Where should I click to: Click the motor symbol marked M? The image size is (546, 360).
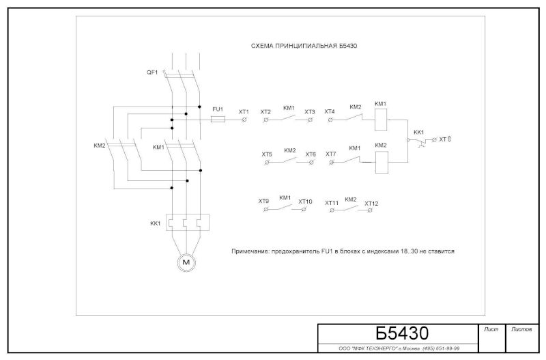[x=185, y=262]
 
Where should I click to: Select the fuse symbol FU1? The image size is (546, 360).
[x=218, y=119]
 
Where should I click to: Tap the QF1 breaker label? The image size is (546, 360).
[x=152, y=72]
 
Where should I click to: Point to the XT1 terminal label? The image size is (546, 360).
[x=244, y=111]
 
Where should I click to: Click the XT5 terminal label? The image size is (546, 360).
[x=267, y=154]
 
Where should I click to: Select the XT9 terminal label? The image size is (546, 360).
[x=263, y=201]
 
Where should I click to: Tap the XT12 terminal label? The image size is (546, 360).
[x=371, y=203]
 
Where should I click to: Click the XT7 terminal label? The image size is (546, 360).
[x=330, y=154]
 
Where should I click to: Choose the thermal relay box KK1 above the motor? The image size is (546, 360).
[x=185, y=223]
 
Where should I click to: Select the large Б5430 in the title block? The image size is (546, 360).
[x=402, y=333]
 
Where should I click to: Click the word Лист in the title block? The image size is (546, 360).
[x=491, y=329]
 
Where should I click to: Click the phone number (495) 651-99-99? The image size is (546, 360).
[x=437, y=348]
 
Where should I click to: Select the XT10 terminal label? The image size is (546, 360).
[x=305, y=202]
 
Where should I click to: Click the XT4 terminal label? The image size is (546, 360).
[x=330, y=111]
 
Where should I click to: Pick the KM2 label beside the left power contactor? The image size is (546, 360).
[x=100, y=146]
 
